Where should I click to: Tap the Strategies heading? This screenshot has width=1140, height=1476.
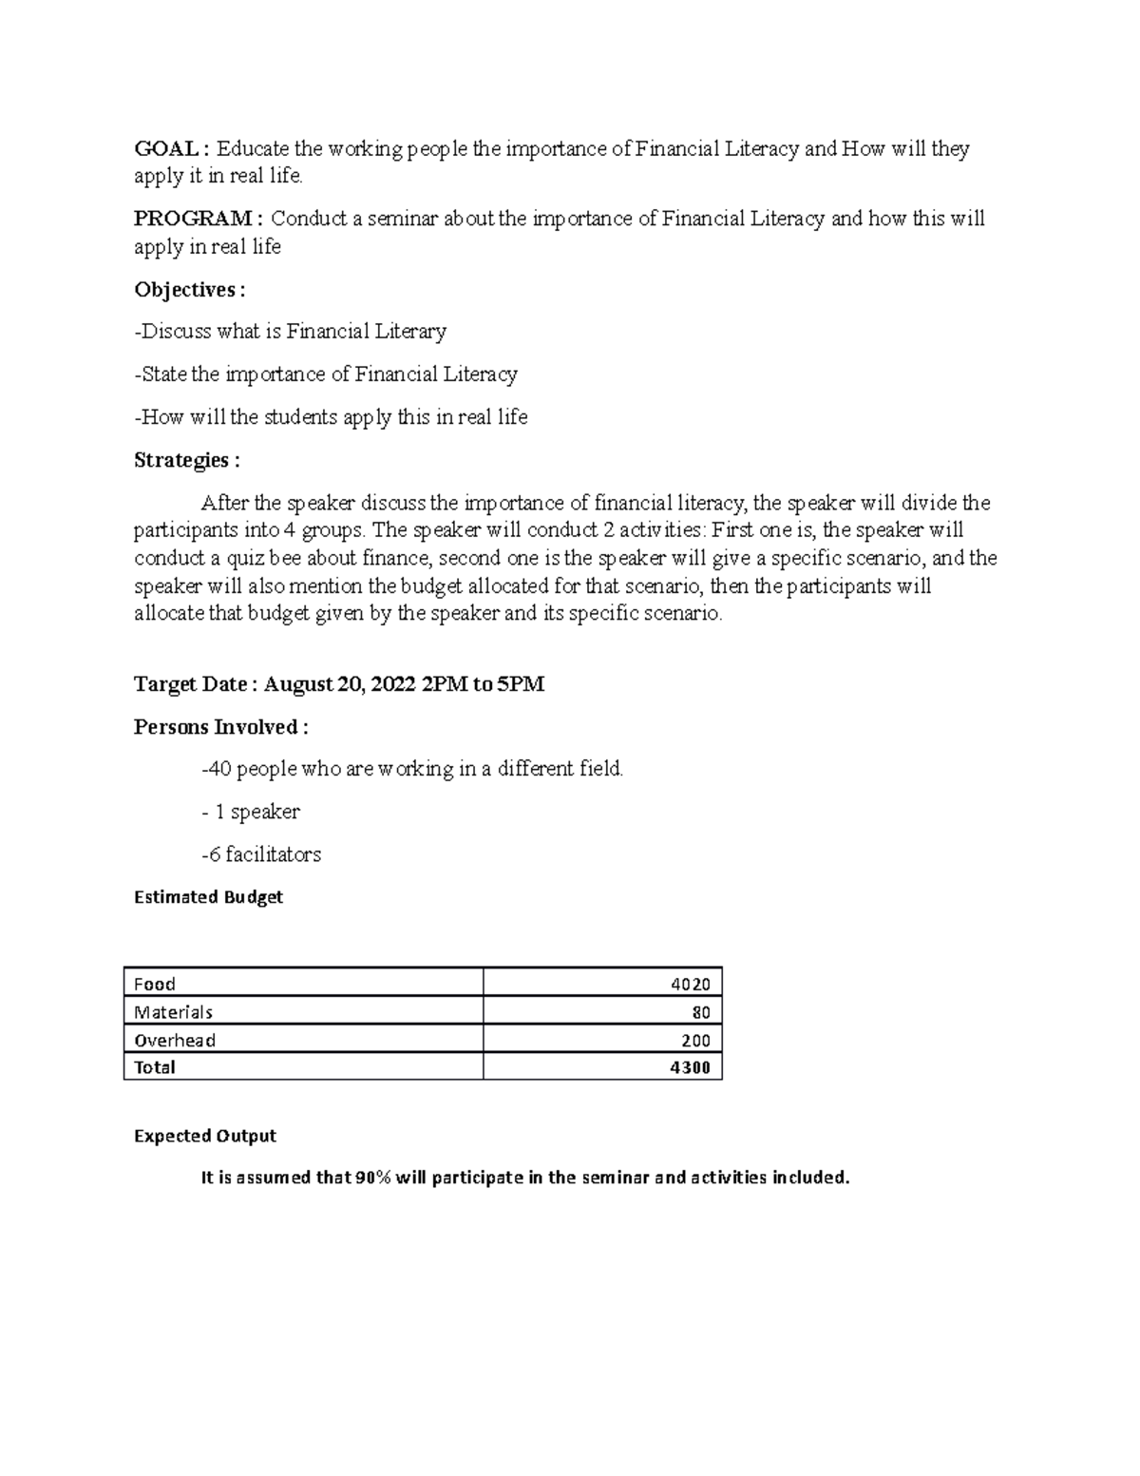tap(186, 460)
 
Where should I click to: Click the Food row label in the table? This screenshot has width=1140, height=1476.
tap(155, 984)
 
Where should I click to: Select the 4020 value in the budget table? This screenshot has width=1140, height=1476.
tap(691, 984)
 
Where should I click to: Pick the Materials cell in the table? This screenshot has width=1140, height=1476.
tap(173, 1011)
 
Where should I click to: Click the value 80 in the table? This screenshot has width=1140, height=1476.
tap(701, 1011)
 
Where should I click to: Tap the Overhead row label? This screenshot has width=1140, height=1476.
tap(175, 1040)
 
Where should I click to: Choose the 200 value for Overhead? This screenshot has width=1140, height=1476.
tap(696, 1040)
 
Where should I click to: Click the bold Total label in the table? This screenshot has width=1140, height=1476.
tap(155, 1067)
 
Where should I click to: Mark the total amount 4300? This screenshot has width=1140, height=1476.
tap(690, 1067)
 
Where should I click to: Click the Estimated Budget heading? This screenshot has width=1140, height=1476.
tap(208, 897)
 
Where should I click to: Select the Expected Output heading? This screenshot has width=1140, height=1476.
tap(205, 1136)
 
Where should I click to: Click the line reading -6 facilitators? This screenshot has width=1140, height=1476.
tap(261, 854)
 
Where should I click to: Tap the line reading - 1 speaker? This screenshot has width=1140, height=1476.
tap(251, 812)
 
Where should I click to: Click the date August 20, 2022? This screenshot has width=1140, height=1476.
tap(339, 684)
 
